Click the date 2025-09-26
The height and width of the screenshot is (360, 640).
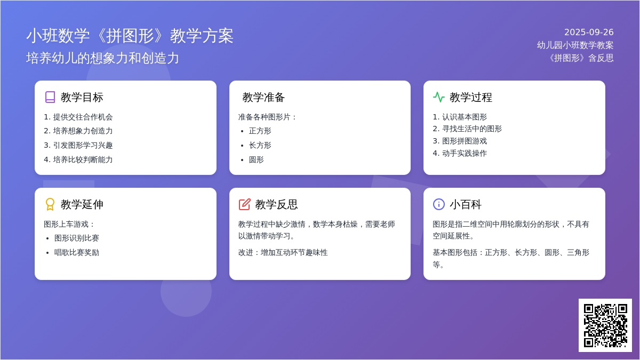(x=589, y=33)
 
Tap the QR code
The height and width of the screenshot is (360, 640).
(x=605, y=325)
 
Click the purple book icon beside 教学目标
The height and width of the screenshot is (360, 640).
(x=50, y=97)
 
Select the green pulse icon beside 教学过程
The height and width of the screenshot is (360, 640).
(x=439, y=97)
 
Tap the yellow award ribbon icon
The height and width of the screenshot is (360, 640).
(x=50, y=204)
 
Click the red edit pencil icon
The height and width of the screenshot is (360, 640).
(x=245, y=204)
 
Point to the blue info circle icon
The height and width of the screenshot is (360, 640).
(x=439, y=204)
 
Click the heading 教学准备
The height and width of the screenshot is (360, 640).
(x=263, y=97)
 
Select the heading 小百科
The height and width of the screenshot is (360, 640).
(x=466, y=204)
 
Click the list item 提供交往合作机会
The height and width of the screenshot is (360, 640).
(x=83, y=117)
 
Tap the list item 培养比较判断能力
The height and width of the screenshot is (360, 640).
(x=83, y=159)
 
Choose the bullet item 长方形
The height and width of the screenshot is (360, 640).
(x=260, y=145)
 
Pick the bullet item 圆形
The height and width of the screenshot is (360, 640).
(x=257, y=159)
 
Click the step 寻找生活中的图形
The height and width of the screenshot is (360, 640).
(x=472, y=129)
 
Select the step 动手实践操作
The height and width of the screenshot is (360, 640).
(x=465, y=153)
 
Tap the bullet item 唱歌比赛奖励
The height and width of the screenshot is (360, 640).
(x=77, y=253)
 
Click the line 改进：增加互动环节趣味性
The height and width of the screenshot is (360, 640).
(x=283, y=253)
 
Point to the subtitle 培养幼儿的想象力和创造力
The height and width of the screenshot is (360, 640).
(x=102, y=58)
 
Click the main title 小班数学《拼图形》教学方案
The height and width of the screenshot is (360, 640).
(x=130, y=36)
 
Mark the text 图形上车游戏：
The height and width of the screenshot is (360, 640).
(x=69, y=224)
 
